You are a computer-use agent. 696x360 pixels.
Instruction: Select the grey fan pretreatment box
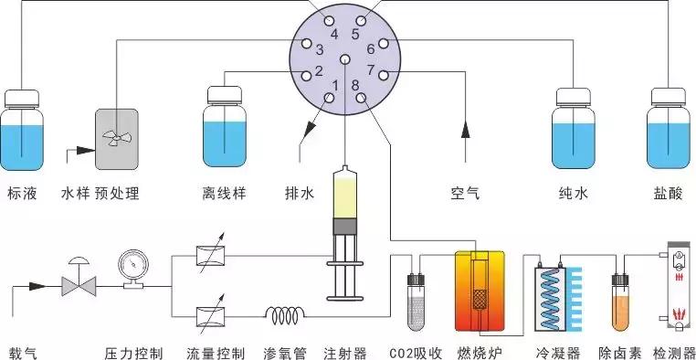pyautogui.click(x=116, y=138)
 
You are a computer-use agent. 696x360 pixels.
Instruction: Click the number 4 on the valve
pyautogui.click(x=332, y=34)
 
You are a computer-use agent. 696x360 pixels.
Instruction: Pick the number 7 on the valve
pyautogui.click(x=370, y=69)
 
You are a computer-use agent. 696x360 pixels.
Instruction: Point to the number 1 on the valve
pyautogui.click(x=335, y=86)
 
